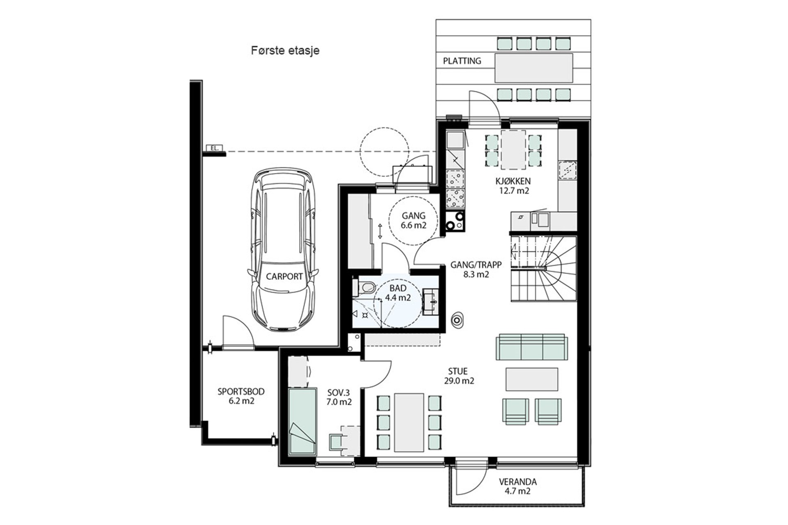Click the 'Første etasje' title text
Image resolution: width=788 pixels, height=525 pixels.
tap(285, 50)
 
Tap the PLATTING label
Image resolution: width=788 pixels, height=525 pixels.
tap(462, 61)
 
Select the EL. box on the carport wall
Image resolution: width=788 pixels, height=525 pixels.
tap(214, 148)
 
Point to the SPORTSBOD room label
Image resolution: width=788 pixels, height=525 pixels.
tap(241, 392)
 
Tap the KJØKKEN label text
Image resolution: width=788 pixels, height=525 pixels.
tap(513, 181)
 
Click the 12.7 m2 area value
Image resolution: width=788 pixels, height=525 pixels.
tap(513, 191)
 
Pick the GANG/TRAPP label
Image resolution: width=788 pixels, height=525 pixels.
tap(476, 265)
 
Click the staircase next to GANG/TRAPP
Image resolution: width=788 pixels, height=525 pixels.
tap(543, 269)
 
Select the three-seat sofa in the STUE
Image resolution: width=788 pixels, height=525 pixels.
tap(532, 347)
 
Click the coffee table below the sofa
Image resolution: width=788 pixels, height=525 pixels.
tap(532, 379)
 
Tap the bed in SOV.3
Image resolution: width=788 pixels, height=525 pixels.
tap(302, 421)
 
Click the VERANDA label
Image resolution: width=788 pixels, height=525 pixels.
tap(518, 482)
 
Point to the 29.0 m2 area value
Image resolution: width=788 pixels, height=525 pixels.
tap(459, 381)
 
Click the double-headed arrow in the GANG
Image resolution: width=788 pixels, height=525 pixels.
tap(380, 231)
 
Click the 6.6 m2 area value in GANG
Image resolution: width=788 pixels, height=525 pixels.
tap(414, 225)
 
